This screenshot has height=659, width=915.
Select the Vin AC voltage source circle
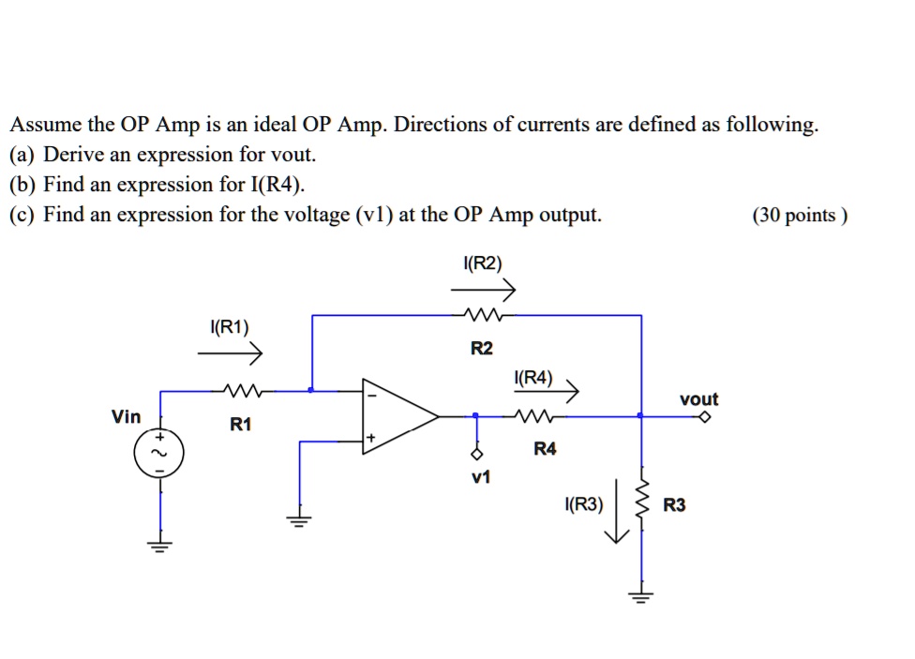[x=159, y=456]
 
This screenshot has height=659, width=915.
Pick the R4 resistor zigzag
[x=542, y=415]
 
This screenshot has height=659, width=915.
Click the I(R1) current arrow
[x=231, y=355]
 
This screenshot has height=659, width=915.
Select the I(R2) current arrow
[x=483, y=291]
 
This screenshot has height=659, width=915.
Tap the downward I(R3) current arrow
[x=616, y=511]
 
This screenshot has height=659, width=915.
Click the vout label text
[x=698, y=399]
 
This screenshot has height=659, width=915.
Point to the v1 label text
[x=481, y=478]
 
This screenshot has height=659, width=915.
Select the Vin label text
[x=127, y=416]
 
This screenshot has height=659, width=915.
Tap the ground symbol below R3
[x=642, y=596]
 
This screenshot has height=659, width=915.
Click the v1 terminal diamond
[x=477, y=456]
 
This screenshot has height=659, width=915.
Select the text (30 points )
[x=800, y=216]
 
